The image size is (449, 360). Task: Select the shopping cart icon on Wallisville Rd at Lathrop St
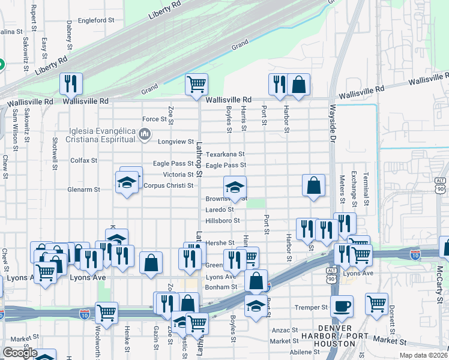tap(196, 85)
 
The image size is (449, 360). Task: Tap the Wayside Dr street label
tap(332, 124)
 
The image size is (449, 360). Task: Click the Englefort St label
tap(95, 20)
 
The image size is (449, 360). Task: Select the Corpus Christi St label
tap(169, 185)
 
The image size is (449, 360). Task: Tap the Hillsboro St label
tap(223, 221)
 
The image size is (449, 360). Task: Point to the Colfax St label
tap(83, 161)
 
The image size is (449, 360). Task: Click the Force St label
tap(154, 119)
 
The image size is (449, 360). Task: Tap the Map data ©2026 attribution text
tap(424, 355)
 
